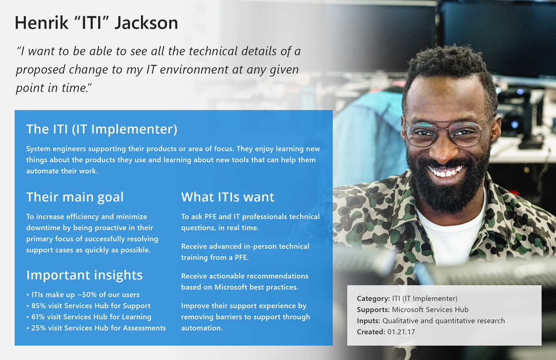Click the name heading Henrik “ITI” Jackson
click(96, 22)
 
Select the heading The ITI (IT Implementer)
click(101, 129)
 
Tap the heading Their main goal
click(75, 197)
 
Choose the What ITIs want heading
click(227, 197)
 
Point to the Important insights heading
click(84, 275)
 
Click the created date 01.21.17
click(401, 332)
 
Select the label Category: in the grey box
click(373, 299)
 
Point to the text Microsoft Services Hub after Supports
click(430, 309)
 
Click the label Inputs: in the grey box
click(368, 321)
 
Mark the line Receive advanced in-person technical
click(245, 246)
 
